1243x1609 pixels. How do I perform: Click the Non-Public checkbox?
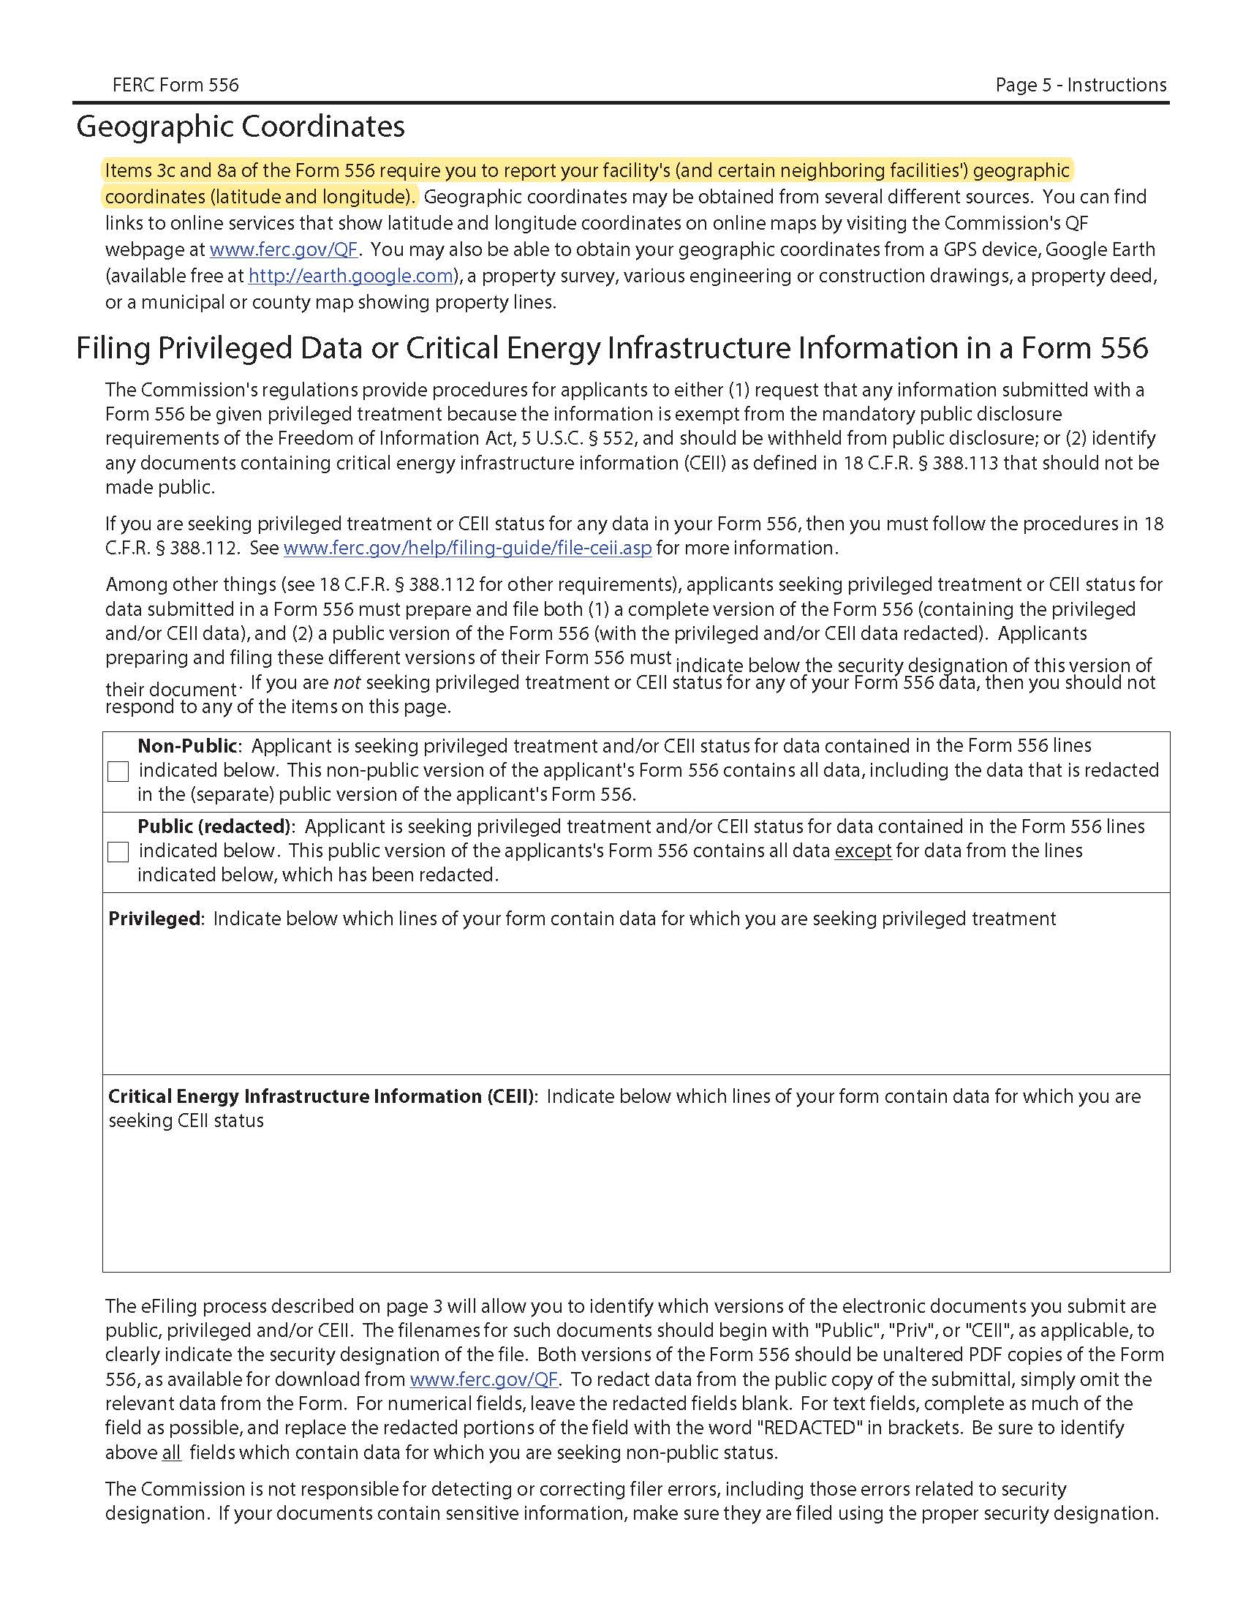(118, 772)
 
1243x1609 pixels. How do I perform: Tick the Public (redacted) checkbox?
(118, 851)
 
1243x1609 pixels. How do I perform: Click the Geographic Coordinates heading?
(240, 127)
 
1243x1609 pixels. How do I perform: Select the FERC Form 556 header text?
(175, 86)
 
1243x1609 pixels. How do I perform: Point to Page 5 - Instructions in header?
(1080, 86)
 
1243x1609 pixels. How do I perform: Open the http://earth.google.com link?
(350, 276)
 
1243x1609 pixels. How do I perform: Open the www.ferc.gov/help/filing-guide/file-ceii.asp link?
(467, 548)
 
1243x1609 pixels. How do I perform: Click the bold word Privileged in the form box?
(154, 919)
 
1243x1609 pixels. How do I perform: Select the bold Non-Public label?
(187, 745)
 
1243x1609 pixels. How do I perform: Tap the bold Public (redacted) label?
(214, 826)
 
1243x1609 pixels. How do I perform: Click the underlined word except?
(862, 851)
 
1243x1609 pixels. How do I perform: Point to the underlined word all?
(171, 1452)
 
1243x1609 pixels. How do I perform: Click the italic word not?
(346, 683)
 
